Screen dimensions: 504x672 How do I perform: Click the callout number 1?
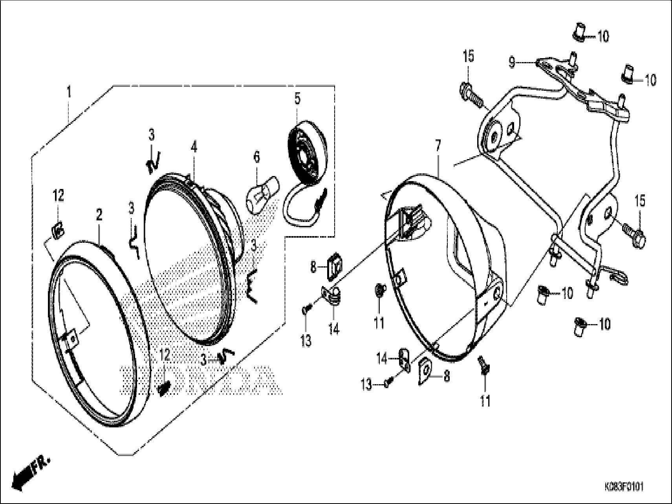(x=69, y=93)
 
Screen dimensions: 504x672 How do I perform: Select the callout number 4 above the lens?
(x=194, y=147)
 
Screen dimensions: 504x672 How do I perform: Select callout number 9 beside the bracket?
(x=512, y=62)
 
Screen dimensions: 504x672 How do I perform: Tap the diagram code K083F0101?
(x=624, y=487)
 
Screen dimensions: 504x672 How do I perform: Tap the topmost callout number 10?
(x=603, y=37)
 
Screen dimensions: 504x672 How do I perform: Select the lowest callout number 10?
(x=604, y=324)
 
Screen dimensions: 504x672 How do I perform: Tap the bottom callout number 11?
(x=485, y=401)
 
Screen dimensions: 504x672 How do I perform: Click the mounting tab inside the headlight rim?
(x=72, y=339)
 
